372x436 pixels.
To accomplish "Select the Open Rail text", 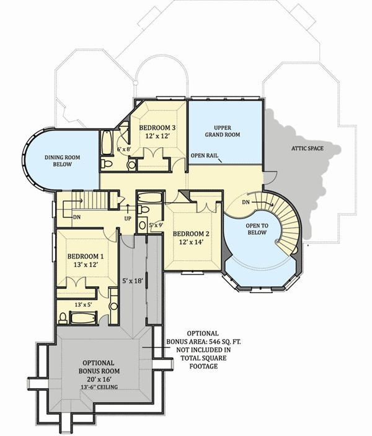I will coord(205,155).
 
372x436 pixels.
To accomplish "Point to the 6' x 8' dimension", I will coord(125,149).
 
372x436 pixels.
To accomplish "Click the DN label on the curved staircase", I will coord(246,202).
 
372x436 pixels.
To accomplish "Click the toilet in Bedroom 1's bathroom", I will coord(64,318).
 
